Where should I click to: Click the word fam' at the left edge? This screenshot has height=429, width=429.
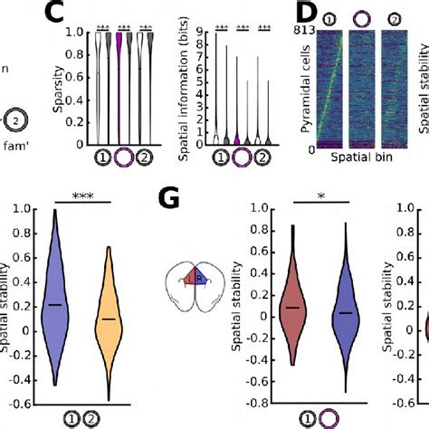click(15, 144)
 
